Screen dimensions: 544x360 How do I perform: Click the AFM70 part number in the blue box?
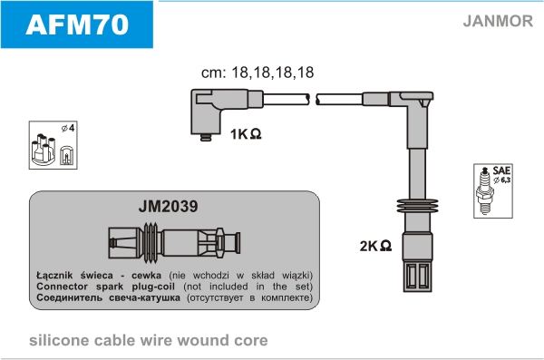(x=77, y=24)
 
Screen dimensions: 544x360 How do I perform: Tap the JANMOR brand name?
(x=498, y=21)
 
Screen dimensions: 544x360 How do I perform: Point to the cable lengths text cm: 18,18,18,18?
(x=257, y=73)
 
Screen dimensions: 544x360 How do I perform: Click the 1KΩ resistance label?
(x=246, y=134)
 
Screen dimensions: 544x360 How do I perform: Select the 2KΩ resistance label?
(x=375, y=246)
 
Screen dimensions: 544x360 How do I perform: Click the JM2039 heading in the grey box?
(x=169, y=206)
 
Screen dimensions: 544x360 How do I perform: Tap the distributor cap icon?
(x=44, y=150)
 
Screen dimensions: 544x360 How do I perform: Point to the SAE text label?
(x=501, y=170)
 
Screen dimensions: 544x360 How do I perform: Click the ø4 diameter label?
(x=68, y=128)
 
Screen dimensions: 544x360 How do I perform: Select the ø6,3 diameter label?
(x=502, y=180)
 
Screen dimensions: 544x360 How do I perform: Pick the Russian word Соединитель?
(x=70, y=297)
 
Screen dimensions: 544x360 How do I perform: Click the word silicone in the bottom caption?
(x=59, y=341)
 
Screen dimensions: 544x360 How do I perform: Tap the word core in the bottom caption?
(x=251, y=341)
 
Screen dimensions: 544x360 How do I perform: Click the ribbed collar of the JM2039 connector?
(x=151, y=243)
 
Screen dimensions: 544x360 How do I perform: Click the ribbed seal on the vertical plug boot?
(x=417, y=206)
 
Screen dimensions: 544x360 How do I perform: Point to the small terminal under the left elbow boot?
(x=206, y=138)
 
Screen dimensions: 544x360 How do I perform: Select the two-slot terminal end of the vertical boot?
(x=418, y=277)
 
